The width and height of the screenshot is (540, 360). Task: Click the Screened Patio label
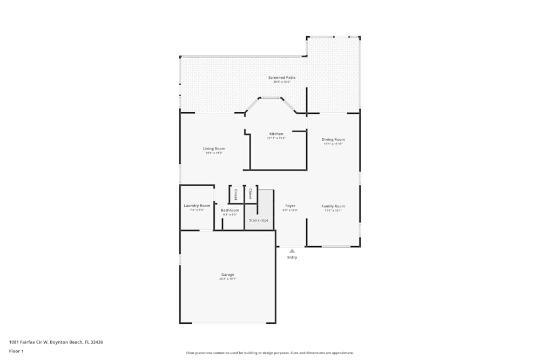click(282, 78)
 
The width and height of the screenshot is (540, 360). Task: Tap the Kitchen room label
click(276, 134)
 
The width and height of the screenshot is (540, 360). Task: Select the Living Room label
click(214, 148)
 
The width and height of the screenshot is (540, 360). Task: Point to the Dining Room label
click(334, 139)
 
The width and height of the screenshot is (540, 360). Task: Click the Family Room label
click(333, 206)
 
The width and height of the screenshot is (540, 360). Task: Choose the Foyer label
click(291, 206)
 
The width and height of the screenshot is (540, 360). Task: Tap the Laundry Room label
click(197, 206)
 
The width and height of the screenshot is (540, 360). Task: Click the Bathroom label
click(230, 210)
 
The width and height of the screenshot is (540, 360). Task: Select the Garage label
click(227, 275)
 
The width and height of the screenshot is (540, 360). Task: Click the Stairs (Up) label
click(258, 220)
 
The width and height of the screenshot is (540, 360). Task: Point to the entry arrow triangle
click(292, 250)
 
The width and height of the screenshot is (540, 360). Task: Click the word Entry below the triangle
click(292, 257)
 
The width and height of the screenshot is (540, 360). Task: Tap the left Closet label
click(235, 194)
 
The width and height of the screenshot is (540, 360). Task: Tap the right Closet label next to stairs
click(250, 194)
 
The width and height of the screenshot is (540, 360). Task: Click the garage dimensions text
click(227, 279)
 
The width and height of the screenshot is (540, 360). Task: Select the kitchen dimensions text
click(276, 138)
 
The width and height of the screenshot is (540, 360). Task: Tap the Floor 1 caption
click(16, 351)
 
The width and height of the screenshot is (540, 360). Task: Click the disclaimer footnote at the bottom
click(270, 353)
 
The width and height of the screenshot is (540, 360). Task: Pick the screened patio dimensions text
click(282, 82)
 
